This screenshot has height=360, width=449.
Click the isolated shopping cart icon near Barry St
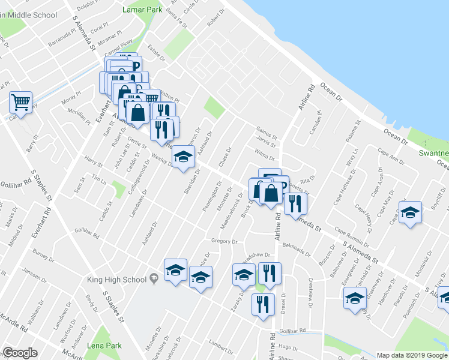(21, 103)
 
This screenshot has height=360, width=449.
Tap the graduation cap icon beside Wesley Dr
(184, 158)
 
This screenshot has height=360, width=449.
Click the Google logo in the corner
(20, 353)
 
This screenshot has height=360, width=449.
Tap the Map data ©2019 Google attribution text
(412, 355)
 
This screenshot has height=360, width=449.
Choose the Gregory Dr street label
(224, 241)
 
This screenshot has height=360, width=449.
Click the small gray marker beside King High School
(154, 277)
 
